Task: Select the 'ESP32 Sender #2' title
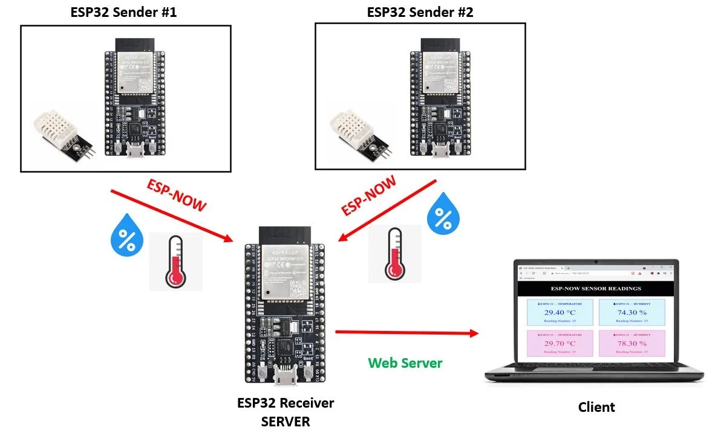point(420,11)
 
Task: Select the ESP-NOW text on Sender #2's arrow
point(368,195)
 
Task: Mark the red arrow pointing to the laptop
point(406,332)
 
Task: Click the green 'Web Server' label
point(405,363)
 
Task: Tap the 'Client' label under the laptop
point(596,407)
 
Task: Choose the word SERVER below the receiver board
point(285,422)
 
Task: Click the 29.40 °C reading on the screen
point(560,313)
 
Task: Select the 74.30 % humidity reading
point(632,313)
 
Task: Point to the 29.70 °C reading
point(560,344)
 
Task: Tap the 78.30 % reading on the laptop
point(632,344)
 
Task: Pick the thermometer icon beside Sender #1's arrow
point(176,262)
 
